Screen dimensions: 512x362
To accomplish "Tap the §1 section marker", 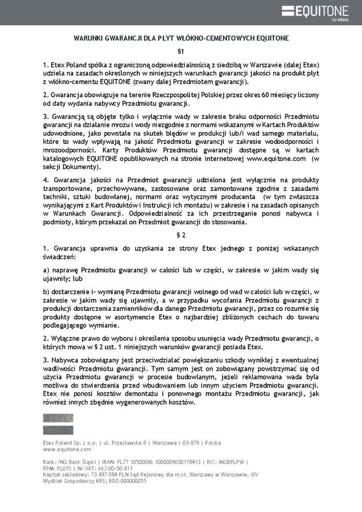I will coord(181,51).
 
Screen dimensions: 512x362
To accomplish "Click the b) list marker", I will coord(46,292).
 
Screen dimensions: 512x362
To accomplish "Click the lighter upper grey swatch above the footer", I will coord(58,418).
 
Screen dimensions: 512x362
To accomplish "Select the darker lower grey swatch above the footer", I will coord(58,430).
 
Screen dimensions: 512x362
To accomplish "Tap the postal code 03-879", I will coord(191,443).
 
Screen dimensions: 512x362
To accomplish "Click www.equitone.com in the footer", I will coord(67,450).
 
